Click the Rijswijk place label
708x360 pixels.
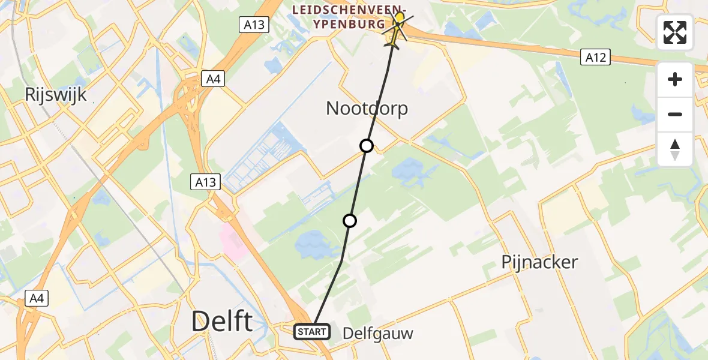56,94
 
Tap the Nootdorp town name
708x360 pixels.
367,109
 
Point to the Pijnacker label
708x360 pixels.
539,262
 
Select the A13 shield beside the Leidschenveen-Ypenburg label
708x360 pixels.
254,25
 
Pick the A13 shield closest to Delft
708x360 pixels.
206,182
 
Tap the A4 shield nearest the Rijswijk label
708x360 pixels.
211,79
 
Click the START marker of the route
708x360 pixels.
311,331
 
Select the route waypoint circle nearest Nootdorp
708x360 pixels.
366,146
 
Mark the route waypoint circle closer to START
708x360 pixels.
349,221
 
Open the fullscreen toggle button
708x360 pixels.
675,32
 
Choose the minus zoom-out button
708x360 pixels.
675,114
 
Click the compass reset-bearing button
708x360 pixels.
675,149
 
